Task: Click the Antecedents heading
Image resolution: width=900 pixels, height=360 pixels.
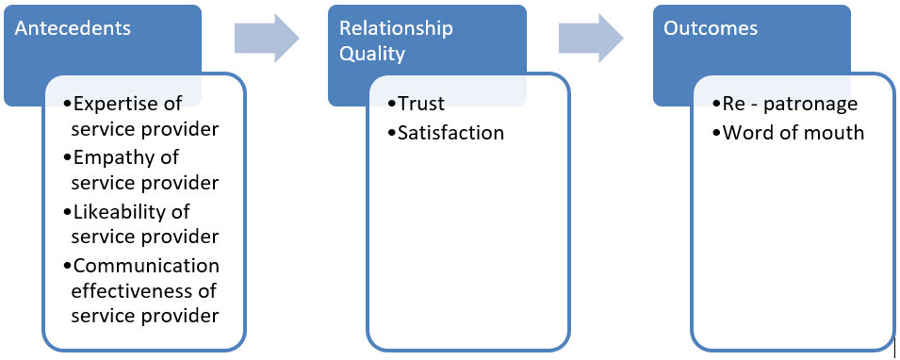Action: [72, 28]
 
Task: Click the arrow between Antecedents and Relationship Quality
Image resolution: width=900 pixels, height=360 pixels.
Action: [267, 38]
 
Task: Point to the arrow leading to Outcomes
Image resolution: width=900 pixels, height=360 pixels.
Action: [591, 38]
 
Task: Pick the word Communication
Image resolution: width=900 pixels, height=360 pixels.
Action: [146, 266]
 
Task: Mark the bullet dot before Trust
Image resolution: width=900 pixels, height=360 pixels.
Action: [391, 104]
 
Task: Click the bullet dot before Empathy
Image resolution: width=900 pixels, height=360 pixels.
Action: [67, 156]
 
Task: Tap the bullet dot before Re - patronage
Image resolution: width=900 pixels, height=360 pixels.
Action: [716, 104]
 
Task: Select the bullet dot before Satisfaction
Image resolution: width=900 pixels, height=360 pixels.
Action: [391, 133]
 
